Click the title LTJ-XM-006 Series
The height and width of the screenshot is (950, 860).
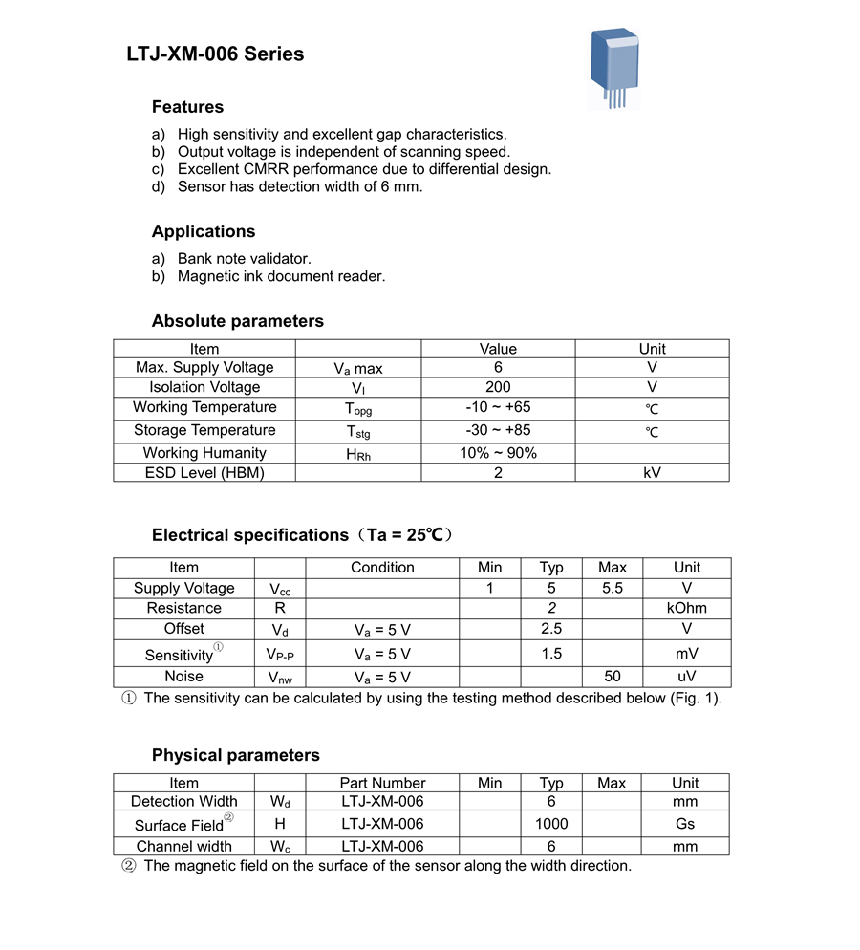(x=215, y=54)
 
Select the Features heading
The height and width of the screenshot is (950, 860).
(x=187, y=107)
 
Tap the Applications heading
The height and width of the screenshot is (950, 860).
(x=204, y=231)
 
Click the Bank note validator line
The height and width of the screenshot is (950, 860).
(x=244, y=258)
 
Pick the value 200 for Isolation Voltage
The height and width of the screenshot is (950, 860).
(x=498, y=387)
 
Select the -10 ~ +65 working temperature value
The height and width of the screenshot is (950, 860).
(x=498, y=407)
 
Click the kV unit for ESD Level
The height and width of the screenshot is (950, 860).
(x=652, y=472)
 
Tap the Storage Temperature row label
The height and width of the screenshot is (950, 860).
(x=204, y=430)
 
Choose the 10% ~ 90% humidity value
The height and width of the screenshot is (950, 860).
(x=498, y=453)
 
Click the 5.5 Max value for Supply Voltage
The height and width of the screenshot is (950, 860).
(x=613, y=588)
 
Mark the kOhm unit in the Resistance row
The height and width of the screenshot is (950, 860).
(x=686, y=608)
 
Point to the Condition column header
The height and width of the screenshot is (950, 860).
(x=382, y=567)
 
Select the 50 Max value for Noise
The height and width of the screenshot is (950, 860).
(x=613, y=677)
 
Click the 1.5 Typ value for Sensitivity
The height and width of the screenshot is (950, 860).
(x=551, y=654)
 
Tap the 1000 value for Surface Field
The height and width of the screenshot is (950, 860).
(x=551, y=823)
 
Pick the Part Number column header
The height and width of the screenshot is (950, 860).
(x=382, y=783)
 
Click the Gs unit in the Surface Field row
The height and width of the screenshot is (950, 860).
(x=685, y=823)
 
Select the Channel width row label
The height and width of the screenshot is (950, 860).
(x=183, y=846)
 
